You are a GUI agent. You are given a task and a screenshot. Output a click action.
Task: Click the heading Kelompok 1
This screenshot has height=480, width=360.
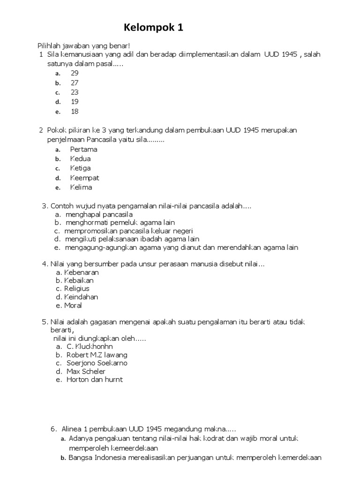tap(153, 28)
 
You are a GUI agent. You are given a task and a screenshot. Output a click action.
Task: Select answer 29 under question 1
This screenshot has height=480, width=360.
tap(75, 73)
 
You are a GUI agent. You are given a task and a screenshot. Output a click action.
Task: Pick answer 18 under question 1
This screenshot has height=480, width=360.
tap(75, 112)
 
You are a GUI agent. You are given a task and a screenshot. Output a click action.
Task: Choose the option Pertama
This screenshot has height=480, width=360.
tap(83, 150)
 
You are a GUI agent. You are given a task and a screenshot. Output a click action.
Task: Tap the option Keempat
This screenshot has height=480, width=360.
tap(84, 178)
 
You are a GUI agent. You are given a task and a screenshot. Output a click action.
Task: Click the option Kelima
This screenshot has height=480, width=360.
tap(81, 187)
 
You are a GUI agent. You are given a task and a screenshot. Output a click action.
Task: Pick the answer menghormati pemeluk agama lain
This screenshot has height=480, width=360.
tap(120, 223)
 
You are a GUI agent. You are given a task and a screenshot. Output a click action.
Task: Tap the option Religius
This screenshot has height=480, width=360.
tap(76, 289)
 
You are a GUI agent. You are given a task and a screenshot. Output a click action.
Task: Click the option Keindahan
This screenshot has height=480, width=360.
tap(81, 297)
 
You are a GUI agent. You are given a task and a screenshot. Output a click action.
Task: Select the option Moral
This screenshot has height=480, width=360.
tap(73, 306)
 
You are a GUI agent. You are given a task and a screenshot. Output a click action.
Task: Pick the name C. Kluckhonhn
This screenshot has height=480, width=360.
tap(90, 346)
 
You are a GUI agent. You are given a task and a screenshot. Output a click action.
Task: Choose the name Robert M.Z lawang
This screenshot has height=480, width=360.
tap(97, 355)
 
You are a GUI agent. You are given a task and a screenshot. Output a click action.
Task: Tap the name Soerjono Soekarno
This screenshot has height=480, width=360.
tap(97, 363)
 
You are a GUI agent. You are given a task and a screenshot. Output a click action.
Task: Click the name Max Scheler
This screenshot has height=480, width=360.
tap(86, 372)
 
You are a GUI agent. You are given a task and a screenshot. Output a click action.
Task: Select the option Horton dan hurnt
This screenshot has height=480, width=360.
tap(95, 380)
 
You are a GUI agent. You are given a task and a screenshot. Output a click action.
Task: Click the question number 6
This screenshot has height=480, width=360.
tap(53, 428)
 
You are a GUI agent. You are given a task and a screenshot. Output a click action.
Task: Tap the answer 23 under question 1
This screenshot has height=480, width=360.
tap(75, 92)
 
